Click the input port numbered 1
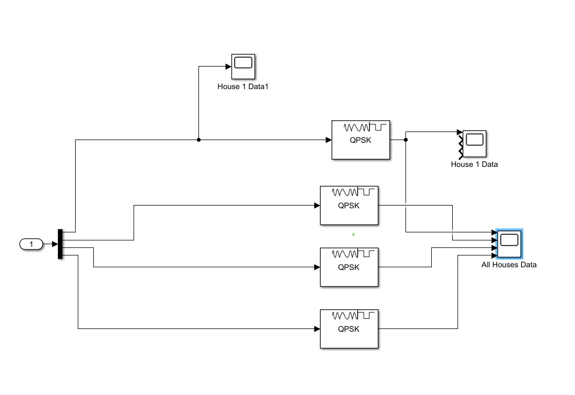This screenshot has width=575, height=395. [31, 244]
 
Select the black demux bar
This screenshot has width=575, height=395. [60, 244]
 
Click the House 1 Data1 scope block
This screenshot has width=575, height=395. [243, 67]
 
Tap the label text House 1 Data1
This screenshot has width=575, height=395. [243, 86]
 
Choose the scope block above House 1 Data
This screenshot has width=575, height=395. [475, 143]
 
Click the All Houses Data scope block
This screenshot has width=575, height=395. [509, 244]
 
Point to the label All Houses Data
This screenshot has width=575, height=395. [509, 265]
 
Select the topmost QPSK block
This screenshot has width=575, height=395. [361, 140]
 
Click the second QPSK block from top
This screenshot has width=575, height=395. [349, 206]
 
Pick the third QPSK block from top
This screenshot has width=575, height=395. [349, 267]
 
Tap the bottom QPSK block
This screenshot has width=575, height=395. [349, 328]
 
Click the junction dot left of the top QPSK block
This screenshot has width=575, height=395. [199, 140]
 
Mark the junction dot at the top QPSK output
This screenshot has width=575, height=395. [406, 140]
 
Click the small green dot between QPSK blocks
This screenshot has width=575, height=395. [353, 235]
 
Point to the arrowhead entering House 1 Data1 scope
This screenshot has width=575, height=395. [228, 67]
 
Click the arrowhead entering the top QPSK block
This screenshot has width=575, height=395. [329, 140]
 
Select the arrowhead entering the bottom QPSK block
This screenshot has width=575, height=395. [317, 328]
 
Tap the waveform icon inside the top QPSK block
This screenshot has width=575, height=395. [365, 127]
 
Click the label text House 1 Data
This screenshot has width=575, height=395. [475, 164]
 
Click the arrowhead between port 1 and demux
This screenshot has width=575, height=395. [55, 244]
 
